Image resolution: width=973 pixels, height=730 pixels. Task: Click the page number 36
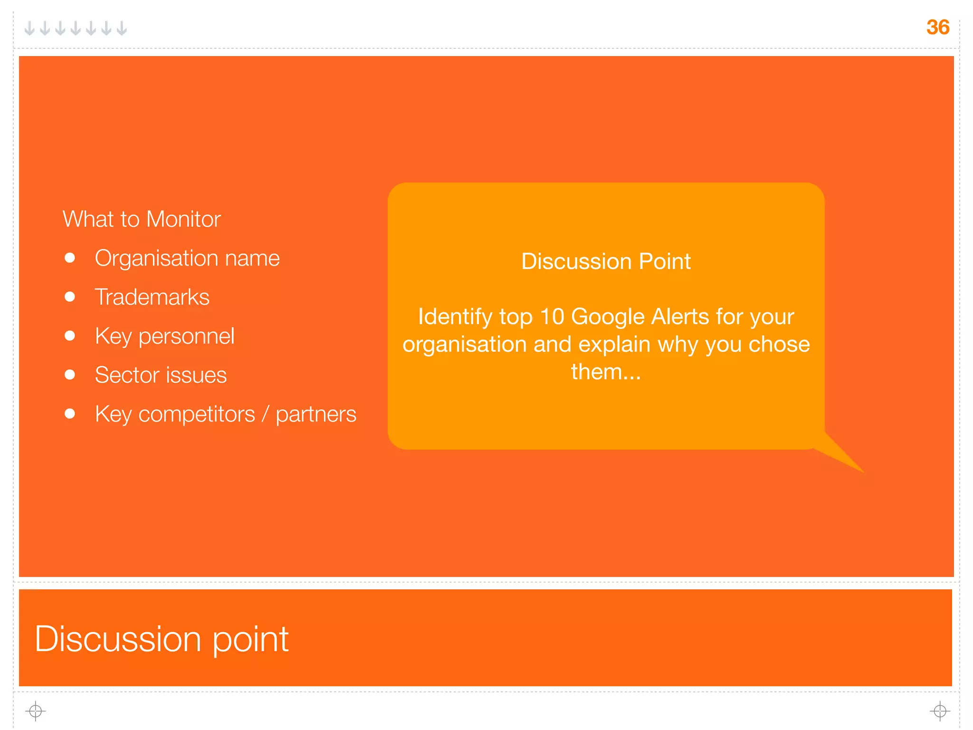(937, 27)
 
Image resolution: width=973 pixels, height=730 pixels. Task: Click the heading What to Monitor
(142, 219)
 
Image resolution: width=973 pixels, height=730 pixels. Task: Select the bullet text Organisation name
(187, 258)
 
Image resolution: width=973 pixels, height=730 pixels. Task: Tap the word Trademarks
(152, 297)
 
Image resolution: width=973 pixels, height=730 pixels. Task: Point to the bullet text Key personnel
(164, 336)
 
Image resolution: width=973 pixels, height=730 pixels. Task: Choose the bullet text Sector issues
(161, 375)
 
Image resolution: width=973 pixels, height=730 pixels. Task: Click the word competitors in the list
(197, 414)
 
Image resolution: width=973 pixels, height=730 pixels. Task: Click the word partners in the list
(316, 414)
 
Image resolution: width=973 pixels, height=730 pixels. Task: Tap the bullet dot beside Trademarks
(70, 297)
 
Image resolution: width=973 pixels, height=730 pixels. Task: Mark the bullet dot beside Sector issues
(70, 375)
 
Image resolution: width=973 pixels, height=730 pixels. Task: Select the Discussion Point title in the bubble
(606, 261)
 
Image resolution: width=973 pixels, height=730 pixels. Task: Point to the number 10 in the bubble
(552, 317)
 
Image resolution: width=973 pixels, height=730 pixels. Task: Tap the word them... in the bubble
(606, 372)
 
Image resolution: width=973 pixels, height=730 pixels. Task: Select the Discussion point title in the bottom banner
(162, 639)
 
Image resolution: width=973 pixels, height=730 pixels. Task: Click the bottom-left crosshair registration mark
(36, 711)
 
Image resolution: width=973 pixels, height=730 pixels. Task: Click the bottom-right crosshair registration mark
(940, 711)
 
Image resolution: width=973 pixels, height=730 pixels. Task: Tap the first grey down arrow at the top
(29, 29)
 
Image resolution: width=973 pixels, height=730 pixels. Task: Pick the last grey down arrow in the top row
(122, 29)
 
